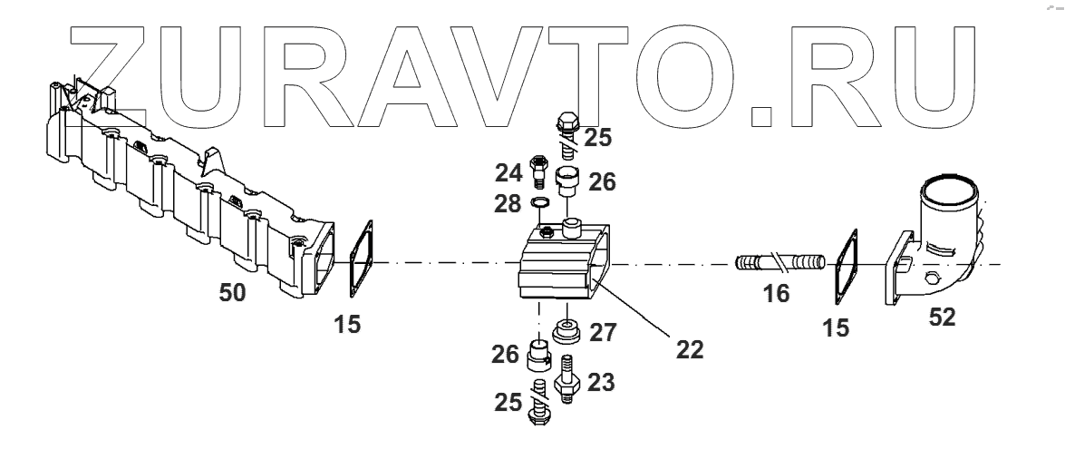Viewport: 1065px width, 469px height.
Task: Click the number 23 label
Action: (601, 383)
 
